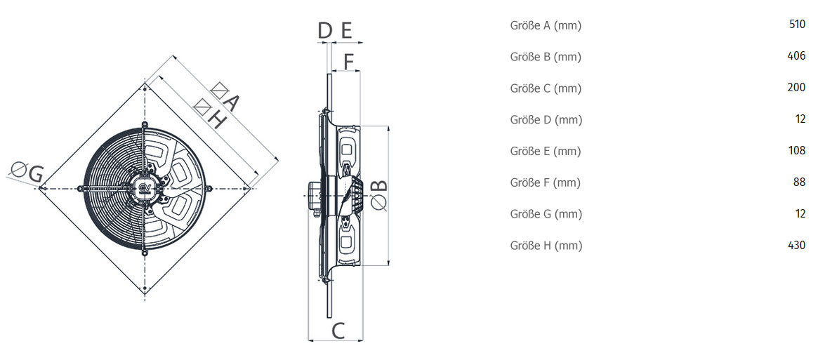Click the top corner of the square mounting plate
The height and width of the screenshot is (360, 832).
(145, 83)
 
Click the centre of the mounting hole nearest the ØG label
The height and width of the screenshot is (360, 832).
(43, 187)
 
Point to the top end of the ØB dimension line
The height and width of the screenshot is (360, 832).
(389, 126)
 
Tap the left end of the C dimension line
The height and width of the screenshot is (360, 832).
(308, 340)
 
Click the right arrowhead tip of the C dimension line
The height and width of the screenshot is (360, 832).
(362, 340)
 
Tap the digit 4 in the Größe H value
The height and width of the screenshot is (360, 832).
(791, 245)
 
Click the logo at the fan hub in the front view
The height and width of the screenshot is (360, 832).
(145, 187)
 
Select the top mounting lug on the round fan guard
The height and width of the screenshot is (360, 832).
(145, 125)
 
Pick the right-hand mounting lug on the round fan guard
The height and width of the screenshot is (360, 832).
(210, 187)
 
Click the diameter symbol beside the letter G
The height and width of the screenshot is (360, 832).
(19, 171)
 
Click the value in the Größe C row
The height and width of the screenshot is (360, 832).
(796, 88)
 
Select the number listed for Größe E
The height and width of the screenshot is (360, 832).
(797, 151)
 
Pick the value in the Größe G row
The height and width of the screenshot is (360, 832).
(800, 213)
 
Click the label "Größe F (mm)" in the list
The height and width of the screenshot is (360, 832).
(546, 183)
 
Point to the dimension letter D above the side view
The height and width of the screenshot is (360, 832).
(325, 32)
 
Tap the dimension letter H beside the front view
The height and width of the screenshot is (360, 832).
(217, 121)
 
